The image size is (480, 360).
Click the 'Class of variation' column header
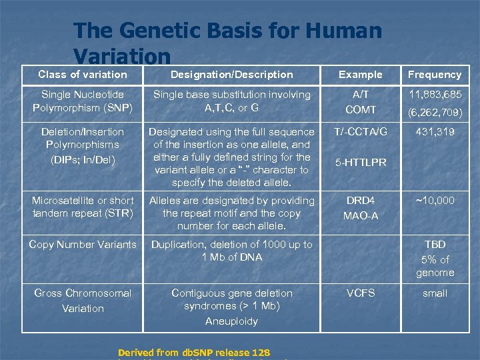[82, 74]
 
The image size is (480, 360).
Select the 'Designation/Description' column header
[231, 74]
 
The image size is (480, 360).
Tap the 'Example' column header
[361, 74]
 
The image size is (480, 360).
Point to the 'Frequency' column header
[434, 74]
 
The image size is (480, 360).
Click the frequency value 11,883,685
[434, 94]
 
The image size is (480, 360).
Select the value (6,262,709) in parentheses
[434, 110]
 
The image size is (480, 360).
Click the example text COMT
[361, 109]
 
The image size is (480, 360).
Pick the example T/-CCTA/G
[361, 131]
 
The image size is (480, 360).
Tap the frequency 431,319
[434, 132]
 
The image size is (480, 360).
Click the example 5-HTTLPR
[361, 162]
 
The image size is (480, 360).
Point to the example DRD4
[361, 200]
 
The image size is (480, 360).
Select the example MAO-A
[361, 215]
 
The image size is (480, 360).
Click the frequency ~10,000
[434, 200]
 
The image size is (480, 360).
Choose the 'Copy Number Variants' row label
[82, 244]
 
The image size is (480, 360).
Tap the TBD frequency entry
[435, 244]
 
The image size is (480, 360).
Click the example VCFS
[361, 293]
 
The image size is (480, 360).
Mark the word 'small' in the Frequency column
[434, 293]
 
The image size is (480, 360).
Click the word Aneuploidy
[231, 321]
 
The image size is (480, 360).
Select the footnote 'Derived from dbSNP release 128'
[193, 353]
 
